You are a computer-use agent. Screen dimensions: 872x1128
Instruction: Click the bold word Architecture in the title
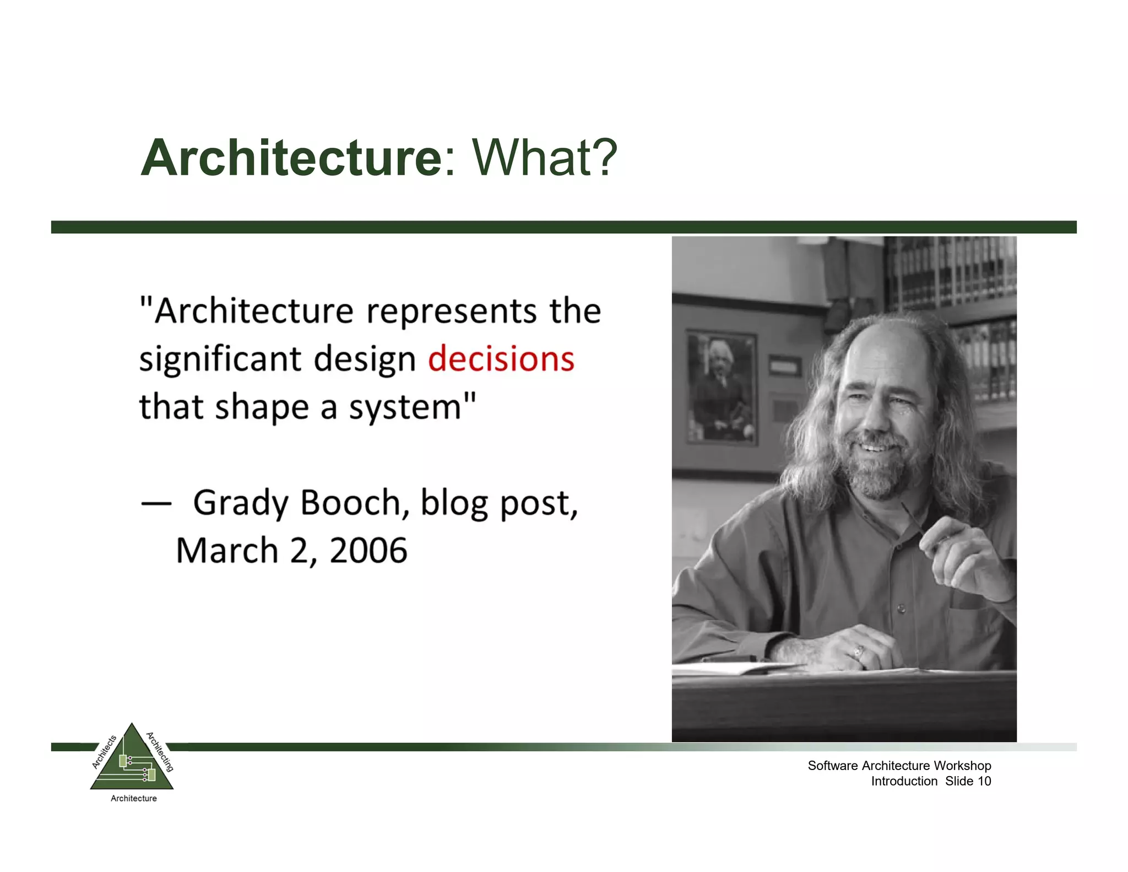point(291,158)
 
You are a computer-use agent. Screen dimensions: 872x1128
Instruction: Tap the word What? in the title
point(544,158)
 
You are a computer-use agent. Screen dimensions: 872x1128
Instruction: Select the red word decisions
point(501,359)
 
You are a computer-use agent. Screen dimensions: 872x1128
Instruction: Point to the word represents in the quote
point(451,312)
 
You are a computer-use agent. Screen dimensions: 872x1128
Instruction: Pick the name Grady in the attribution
point(241,504)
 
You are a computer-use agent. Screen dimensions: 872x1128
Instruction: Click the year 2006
point(368,551)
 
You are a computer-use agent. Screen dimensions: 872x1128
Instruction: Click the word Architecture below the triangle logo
point(133,798)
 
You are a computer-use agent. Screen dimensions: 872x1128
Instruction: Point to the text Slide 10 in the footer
point(968,781)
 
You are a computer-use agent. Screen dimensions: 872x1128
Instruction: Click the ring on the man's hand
point(858,653)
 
